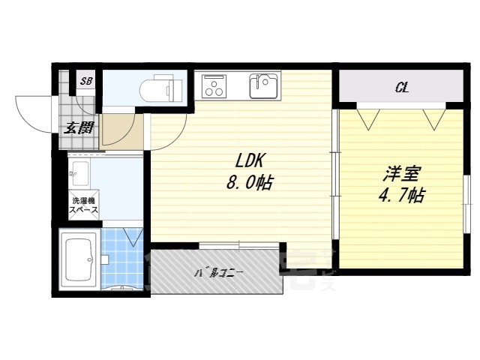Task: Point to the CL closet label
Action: pyautogui.click(x=402, y=88)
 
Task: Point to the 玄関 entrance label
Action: pyautogui.click(x=79, y=127)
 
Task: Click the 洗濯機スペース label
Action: pyautogui.click(x=83, y=205)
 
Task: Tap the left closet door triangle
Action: pyautogui.click(x=367, y=117)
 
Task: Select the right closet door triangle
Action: pyautogui.click(x=433, y=117)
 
